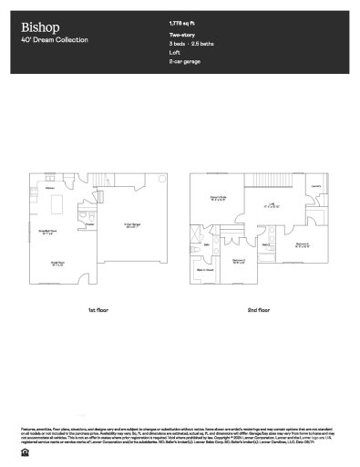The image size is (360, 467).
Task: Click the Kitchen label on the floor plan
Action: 52,190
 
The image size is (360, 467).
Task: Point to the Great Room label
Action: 57,265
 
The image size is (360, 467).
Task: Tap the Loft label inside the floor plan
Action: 270,205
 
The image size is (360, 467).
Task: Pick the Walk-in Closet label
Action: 206,271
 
